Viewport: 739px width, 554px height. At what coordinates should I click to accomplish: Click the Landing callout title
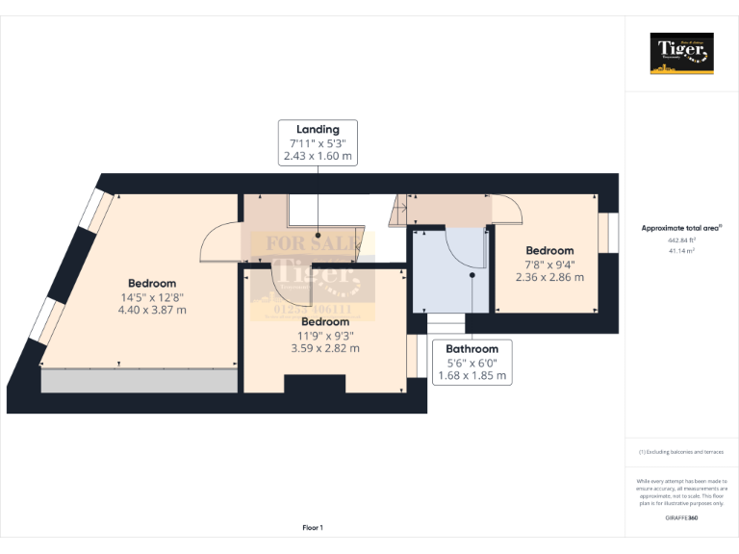318,129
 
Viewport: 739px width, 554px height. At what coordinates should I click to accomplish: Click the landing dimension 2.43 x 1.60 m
318,155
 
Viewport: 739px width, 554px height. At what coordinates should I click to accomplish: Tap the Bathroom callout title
471,349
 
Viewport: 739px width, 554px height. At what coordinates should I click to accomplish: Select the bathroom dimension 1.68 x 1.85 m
471,375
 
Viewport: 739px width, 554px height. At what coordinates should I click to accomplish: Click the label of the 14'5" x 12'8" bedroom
152,284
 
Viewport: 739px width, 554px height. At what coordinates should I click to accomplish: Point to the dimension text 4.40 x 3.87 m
152,310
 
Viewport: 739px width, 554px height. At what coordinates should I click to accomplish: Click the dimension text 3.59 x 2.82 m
325,348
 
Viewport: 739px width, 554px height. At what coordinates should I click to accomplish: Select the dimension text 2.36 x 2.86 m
549,277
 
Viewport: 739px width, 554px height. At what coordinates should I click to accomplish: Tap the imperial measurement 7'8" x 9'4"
549,264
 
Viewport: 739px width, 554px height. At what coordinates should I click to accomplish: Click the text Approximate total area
679,228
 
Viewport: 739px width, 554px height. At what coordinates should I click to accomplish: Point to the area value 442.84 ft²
680,240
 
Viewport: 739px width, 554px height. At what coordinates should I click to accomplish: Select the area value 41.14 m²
680,250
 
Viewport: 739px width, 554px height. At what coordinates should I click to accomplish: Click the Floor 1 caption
313,527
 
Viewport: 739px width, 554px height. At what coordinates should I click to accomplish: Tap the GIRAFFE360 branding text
681,517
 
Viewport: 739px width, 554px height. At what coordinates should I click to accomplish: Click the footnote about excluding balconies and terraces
680,452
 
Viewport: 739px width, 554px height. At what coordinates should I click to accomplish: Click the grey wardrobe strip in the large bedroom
140,381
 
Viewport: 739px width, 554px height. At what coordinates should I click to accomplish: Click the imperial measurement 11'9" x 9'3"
325,336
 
